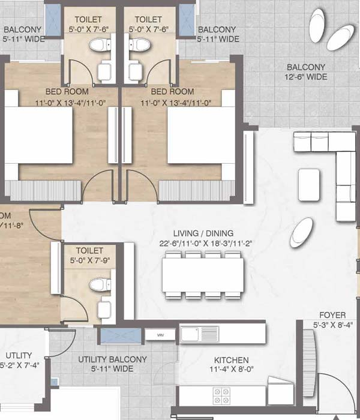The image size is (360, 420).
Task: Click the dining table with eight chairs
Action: tap(202, 275)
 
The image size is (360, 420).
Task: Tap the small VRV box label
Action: tap(161, 335)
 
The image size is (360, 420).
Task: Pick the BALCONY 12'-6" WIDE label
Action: tap(306, 72)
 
